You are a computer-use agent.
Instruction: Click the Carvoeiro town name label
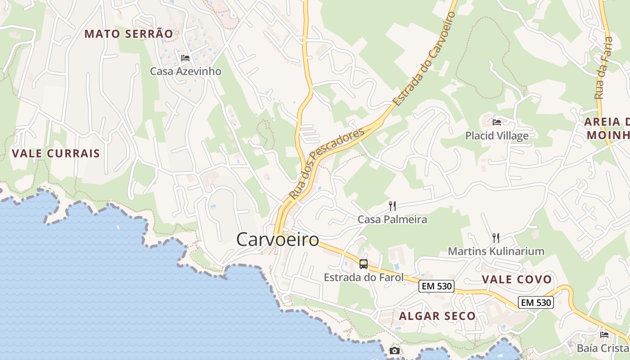(278, 239)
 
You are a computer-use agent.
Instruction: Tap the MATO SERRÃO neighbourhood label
(129, 34)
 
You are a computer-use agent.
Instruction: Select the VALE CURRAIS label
(56, 153)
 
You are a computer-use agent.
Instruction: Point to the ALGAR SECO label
(437, 316)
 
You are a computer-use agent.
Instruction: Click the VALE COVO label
(517, 279)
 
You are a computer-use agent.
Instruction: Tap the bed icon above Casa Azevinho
(185, 58)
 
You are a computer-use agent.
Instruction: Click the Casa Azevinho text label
(185, 71)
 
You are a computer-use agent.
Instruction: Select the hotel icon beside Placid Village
(497, 121)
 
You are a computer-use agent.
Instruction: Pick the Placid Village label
(497, 135)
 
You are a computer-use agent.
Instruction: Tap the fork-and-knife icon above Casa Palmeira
(392, 206)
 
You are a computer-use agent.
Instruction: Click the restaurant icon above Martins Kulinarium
(496, 238)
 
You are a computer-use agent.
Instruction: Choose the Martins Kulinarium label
(496, 251)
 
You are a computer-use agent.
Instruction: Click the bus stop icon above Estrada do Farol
(364, 264)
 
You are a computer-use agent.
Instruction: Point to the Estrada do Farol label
(364, 277)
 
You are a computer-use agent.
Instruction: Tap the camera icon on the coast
(394, 351)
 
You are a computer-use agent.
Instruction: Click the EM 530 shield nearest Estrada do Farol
(436, 286)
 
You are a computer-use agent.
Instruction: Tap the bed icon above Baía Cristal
(604, 335)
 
